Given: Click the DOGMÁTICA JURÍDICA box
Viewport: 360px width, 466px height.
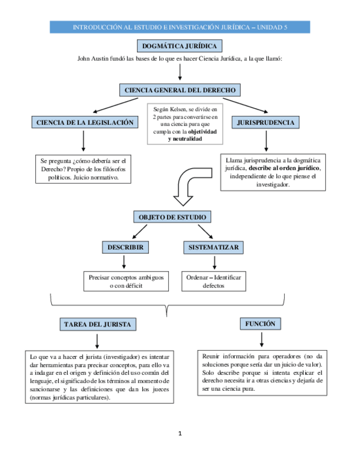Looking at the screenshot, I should click(179, 46).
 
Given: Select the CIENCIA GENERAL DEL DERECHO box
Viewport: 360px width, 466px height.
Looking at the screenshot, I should click(180, 90).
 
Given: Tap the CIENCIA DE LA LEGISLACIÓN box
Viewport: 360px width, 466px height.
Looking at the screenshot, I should click(84, 123).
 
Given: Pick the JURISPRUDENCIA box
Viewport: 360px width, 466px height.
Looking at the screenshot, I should click(265, 123).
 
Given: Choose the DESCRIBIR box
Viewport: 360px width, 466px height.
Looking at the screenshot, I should click(125, 248).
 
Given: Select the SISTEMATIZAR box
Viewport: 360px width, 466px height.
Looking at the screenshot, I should click(213, 248).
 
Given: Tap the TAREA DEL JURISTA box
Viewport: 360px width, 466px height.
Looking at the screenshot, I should click(97, 324).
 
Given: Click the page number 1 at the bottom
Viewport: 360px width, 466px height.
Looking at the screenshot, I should click(180, 434).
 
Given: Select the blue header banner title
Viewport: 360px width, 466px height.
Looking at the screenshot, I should click(180, 27).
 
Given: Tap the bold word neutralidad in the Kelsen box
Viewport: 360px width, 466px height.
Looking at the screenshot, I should click(185, 140).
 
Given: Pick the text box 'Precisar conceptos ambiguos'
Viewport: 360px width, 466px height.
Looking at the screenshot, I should click(126, 281).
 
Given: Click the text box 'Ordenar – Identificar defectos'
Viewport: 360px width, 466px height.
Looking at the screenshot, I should click(213, 281).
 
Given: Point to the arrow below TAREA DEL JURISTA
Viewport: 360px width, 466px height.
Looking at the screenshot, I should click(97, 340).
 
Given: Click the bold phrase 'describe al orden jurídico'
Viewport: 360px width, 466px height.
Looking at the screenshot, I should click(284, 168).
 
